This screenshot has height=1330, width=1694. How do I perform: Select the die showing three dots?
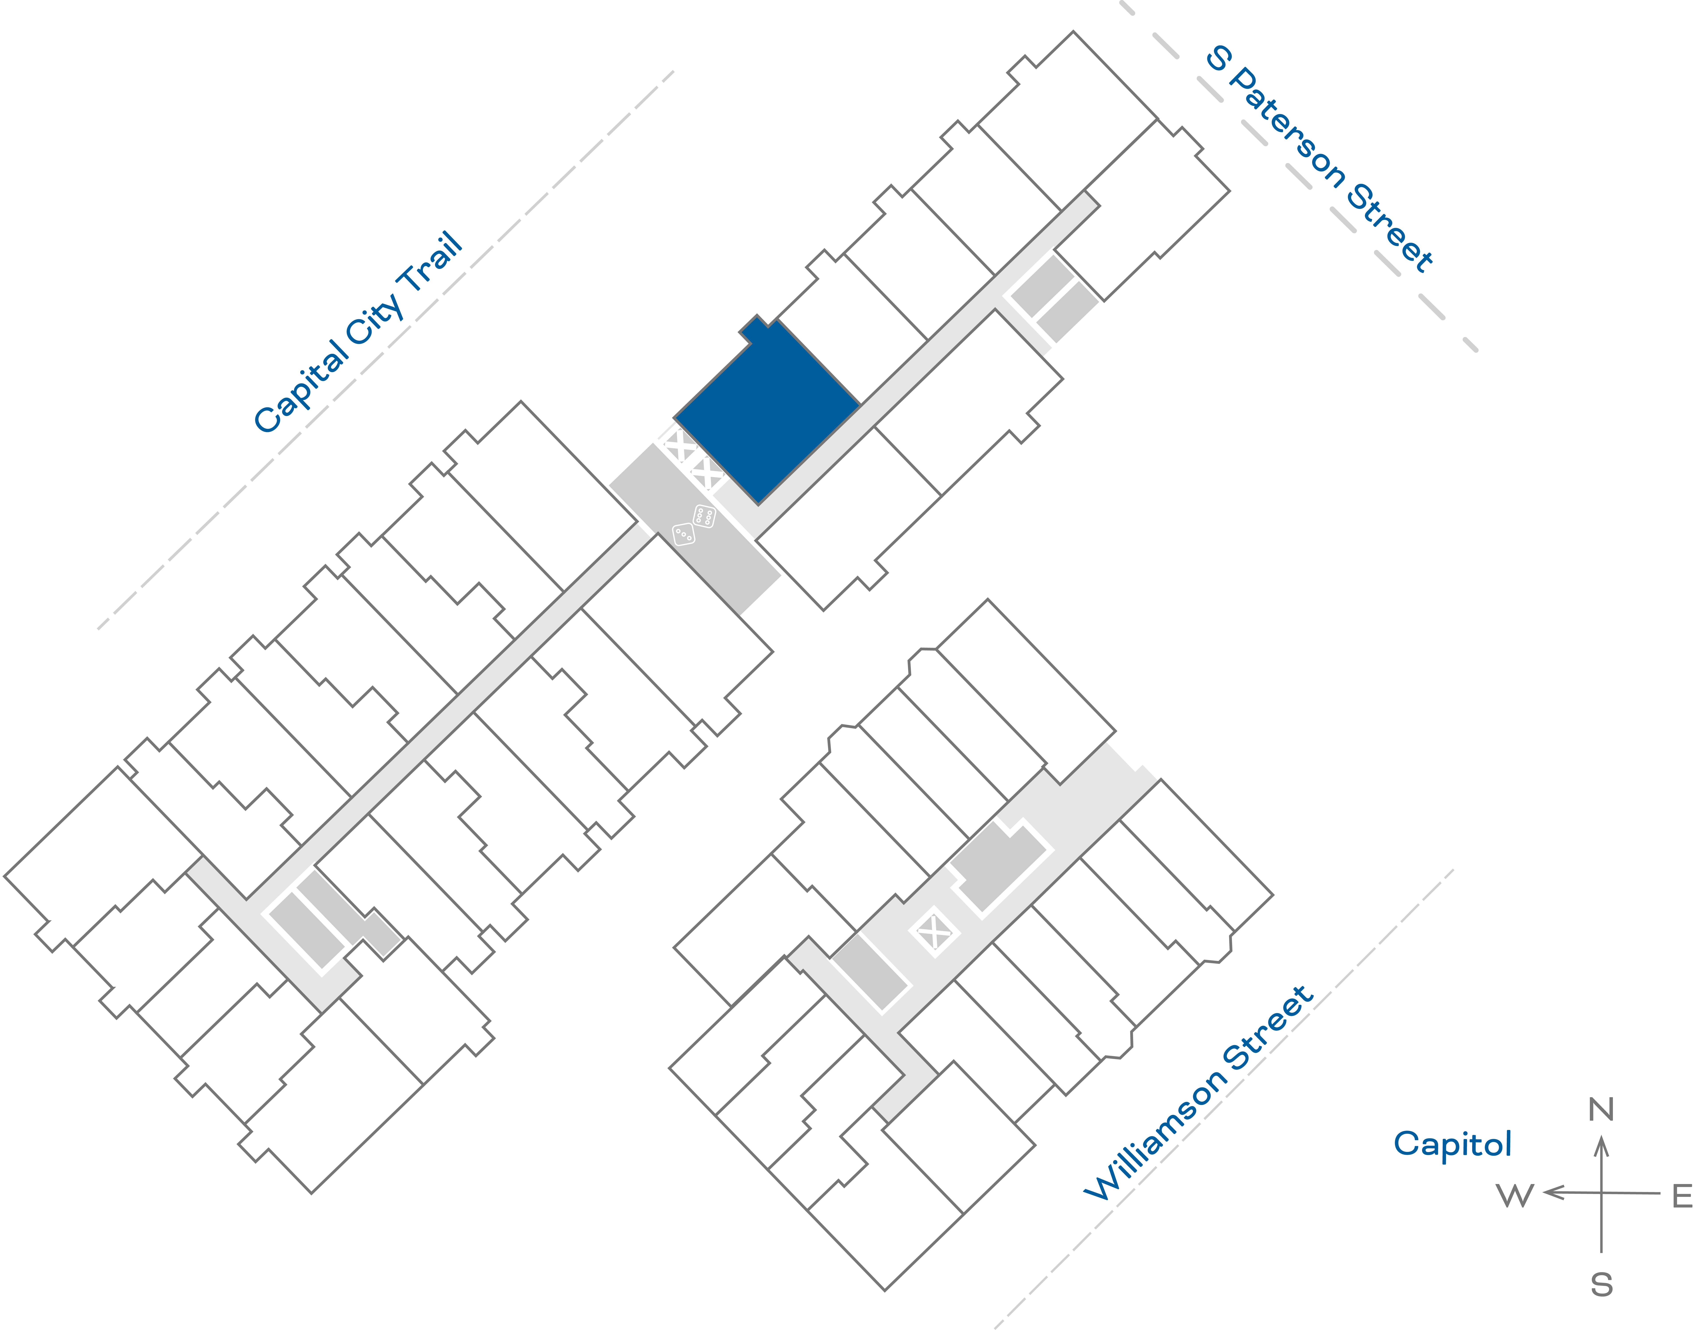[x=683, y=534]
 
